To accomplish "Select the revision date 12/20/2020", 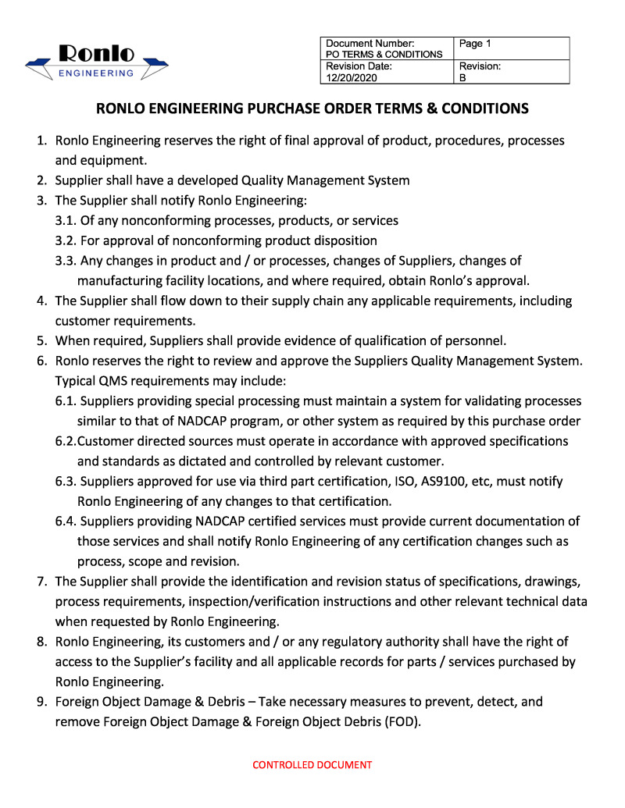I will point(349,78).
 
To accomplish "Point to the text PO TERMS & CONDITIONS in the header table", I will point(384,54).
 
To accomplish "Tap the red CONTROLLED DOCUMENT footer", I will point(312,765).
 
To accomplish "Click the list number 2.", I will point(43,181).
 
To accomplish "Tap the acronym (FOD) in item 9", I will point(402,721).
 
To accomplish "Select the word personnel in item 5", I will point(475,340).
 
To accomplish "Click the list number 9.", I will point(43,702).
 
